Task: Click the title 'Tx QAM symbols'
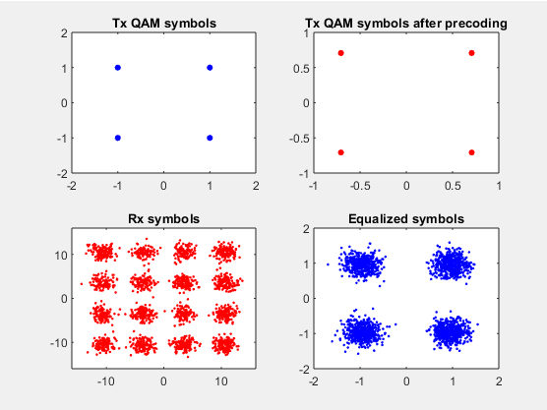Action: pyautogui.click(x=164, y=24)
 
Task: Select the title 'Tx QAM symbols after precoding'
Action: pyautogui.click(x=406, y=24)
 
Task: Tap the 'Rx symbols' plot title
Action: pyautogui.click(x=164, y=219)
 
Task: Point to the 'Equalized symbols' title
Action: pyautogui.click(x=406, y=219)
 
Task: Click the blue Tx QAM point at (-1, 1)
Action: pyautogui.click(x=118, y=68)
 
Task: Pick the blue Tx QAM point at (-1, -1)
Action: pyautogui.click(x=118, y=138)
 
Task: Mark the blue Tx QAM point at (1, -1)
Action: pyautogui.click(x=210, y=138)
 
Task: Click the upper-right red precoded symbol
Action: pyautogui.click(x=471, y=53)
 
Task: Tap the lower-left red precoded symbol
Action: pyautogui.click(x=340, y=152)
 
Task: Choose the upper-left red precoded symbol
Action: pyautogui.click(x=340, y=53)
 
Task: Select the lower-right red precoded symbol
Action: pyautogui.click(x=471, y=152)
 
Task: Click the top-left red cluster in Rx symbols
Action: pyautogui.click(x=102, y=252)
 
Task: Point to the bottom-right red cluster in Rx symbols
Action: pyautogui.click(x=225, y=344)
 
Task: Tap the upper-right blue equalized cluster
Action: pyautogui.click(x=451, y=264)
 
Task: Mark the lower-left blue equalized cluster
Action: pyautogui.click(x=363, y=331)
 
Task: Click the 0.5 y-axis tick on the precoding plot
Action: pyautogui.click(x=301, y=69)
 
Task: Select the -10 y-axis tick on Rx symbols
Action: pyautogui.click(x=59, y=343)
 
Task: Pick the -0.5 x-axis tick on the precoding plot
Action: pyautogui.click(x=360, y=186)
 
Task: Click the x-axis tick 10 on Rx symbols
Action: pyautogui.click(x=221, y=381)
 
